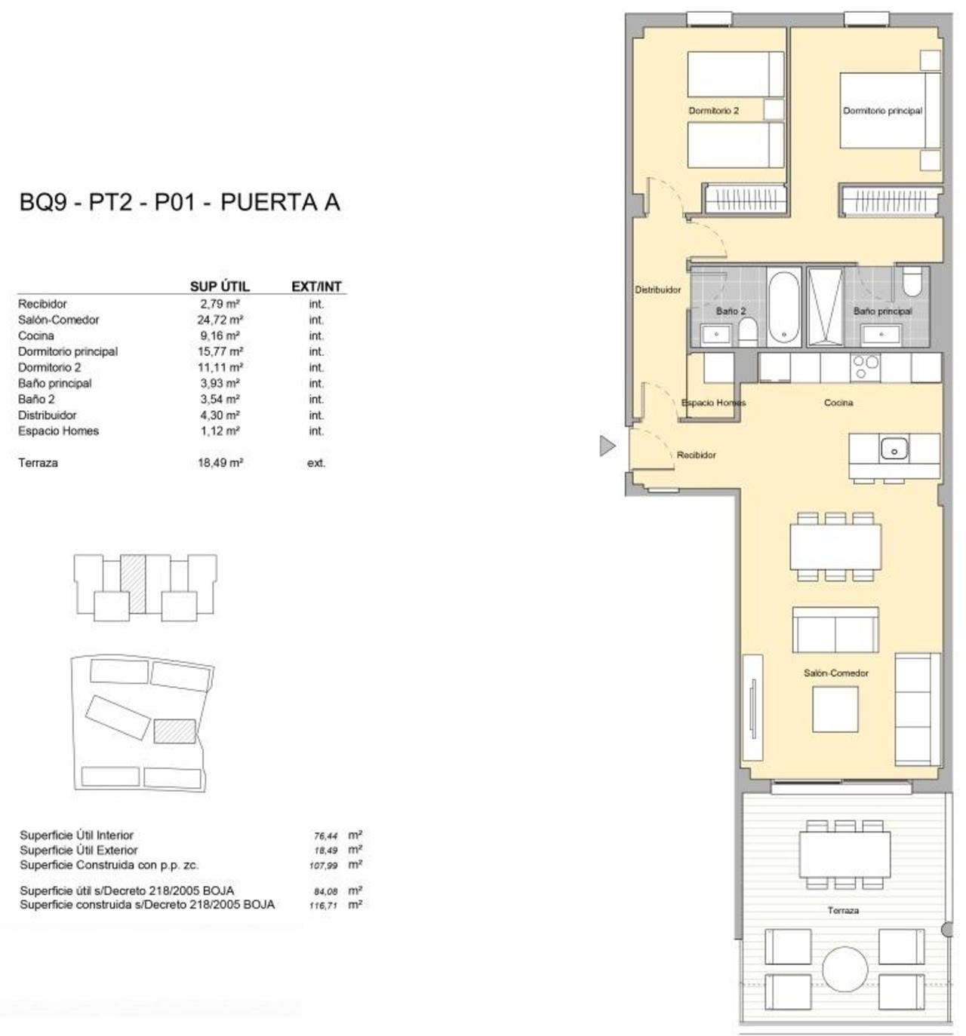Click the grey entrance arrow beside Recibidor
pos(606,446)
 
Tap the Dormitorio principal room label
pos(882,111)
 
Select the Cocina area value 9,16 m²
pos(220,336)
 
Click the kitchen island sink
pos(894,448)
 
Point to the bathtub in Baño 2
pos(783,307)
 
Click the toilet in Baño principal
pos(912,281)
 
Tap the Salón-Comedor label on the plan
pos(835,673)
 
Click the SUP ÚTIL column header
pos(220,287)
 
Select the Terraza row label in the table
pos(38,463)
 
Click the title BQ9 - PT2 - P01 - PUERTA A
pos(180,202)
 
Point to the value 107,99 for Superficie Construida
pos(323,866)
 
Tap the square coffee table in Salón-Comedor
pos(835,710)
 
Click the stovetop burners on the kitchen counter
pos(865,366)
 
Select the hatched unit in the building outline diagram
pos(133,583)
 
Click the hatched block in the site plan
pos(175,731)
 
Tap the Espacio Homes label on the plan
pos(713,403)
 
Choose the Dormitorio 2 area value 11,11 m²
pos(220,367)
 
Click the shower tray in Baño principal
pos(825,307)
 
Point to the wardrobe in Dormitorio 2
pos(746,199)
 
